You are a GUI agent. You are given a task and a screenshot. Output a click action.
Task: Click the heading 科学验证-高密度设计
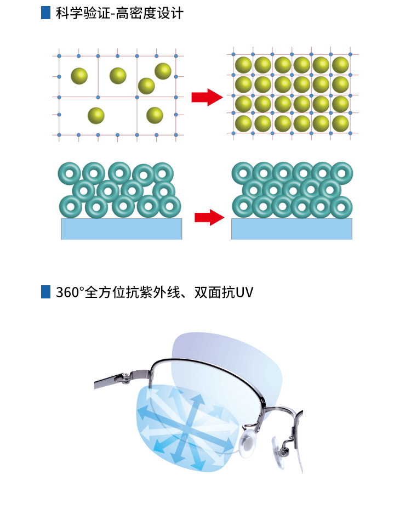[x=119, y=13]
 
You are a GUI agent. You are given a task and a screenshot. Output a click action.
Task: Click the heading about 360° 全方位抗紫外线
[x=154, y=292]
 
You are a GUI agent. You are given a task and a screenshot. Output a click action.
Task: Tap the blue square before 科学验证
[x=45, y=13]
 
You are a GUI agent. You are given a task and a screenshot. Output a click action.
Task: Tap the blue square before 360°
[x=45, y=292]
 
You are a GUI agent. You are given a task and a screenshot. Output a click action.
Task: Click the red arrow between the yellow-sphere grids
[x=207, y=98]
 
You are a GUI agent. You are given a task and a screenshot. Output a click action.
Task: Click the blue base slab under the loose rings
[x=121, y=229]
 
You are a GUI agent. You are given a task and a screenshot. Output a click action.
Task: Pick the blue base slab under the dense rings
[x=292, y=229]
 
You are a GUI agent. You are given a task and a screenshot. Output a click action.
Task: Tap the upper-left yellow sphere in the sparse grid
[x=79, y=76]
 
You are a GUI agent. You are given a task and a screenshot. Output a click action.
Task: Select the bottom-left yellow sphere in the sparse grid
[x=96, y=115]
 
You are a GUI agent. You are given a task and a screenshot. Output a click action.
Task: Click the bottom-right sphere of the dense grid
[x=340, y=123]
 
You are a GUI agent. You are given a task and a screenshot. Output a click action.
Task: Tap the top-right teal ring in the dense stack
[x=341, y=173]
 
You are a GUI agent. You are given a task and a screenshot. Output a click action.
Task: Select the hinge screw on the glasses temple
[x=126, y=376]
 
